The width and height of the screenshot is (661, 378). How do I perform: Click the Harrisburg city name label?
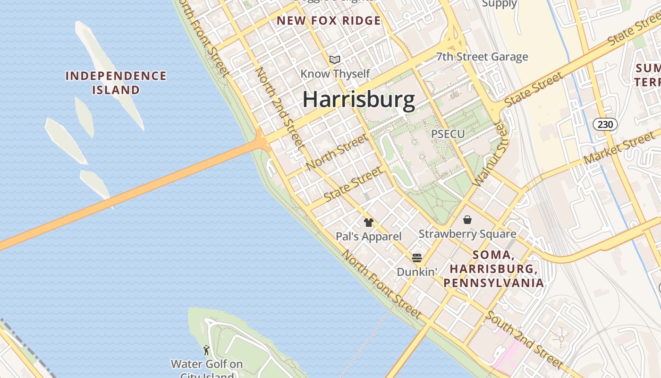click(358, 100)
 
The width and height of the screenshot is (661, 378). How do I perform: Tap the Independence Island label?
click(116, 83)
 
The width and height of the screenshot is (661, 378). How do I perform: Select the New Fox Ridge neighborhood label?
click(329, 21)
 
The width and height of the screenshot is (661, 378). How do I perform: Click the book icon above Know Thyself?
click(335, 60)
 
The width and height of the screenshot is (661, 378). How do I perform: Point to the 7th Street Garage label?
click(482, 57)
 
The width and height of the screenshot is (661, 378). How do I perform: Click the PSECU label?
click(448, 134)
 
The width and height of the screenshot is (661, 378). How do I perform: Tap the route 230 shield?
click(605, 125)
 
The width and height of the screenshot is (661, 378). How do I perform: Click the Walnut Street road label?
click(491, 154)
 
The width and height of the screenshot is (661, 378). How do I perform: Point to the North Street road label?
click(336, 152)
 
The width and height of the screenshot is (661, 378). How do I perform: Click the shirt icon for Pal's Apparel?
click(369, 223)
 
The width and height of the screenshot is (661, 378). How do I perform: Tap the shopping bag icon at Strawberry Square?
click(467, 220)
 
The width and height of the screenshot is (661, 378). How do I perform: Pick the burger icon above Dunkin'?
click(416, 258)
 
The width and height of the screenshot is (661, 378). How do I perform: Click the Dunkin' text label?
click(416, 272)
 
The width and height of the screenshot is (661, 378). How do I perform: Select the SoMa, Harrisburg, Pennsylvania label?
click(493, 269)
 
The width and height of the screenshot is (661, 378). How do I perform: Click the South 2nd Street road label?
click(524, 339)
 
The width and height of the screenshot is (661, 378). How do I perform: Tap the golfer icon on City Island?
click(206, 350)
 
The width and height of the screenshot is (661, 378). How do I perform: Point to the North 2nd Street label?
click(279, 109)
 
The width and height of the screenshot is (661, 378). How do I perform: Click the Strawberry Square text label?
click(467, 234)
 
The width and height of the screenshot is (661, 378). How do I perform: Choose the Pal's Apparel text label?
click(369, 236)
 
